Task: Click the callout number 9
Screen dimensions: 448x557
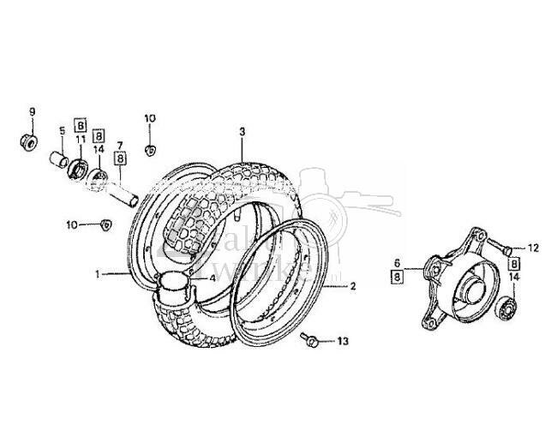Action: click(33, 111)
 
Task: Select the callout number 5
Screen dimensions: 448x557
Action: click(63, 130)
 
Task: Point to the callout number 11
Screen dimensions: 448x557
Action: click(80, 139)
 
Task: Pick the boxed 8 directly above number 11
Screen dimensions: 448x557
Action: click(80, 123)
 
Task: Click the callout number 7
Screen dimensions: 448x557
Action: click(120, 144)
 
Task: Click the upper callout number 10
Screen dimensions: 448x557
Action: click(149, 118)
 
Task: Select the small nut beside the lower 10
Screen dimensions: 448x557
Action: click(107, 224)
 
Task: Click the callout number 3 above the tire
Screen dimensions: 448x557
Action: click(242, 132)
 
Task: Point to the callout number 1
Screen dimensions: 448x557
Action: click(98, 275)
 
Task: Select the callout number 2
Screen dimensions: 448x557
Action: click(352, 287)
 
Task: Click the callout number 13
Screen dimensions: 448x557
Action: click(343, 342)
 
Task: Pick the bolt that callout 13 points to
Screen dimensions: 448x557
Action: click(311, 341)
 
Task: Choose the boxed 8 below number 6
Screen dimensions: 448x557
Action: click(398, 277)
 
